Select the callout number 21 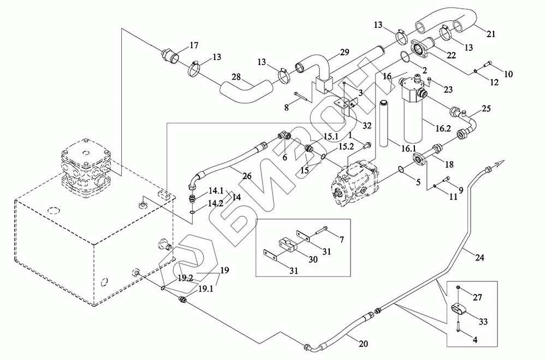(491, 34)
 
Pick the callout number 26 (247, 176)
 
